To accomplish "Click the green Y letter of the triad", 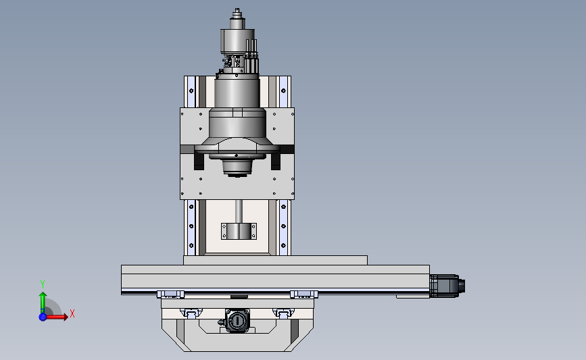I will (x=42, y=284).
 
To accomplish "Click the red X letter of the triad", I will (x=72, y=313).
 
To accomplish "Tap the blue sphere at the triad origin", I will (x=43, y=317).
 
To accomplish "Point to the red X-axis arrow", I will (x=58, y=316).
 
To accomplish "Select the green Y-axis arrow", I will (x=43, y=301).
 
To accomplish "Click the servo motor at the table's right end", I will (x=446, y=284).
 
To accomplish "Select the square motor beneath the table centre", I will (x=237, y=321).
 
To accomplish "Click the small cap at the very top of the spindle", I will (x=237, y=12).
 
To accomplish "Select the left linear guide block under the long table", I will (x=170, y=294).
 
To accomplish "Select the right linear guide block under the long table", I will (x=304, y=294).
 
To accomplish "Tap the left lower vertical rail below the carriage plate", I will (x=192, y=227).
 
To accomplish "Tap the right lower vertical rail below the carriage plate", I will (x=283, y=227).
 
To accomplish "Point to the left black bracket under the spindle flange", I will (x=199, y=161).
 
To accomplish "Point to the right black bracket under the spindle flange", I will (x=276, y=161).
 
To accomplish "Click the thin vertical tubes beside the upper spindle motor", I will (x=253, y=57).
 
